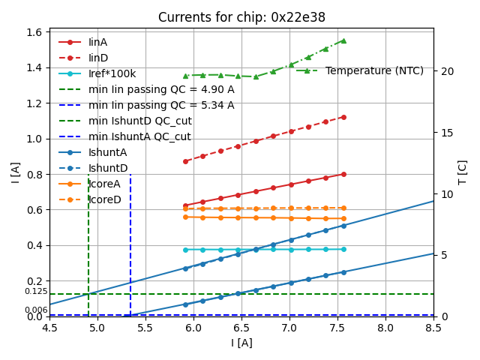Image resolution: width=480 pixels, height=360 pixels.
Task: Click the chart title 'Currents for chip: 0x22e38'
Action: [241, 17]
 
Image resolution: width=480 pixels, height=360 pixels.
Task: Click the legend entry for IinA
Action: [98, 42]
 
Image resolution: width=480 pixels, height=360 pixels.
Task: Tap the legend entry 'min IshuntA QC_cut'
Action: [139, 136]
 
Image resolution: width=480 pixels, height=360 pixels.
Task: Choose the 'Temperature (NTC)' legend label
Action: [374, 70]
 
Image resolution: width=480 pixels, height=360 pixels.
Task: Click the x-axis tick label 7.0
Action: [289, 328]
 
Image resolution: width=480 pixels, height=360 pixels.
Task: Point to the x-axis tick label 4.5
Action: [49, 328]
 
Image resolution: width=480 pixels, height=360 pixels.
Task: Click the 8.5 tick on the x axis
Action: [433, 328]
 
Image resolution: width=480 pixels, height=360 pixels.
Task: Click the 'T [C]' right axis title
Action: [462, 172]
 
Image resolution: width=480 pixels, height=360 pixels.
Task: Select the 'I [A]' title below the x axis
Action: [241, 343]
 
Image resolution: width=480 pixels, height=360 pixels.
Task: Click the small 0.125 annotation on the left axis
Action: [36, 291]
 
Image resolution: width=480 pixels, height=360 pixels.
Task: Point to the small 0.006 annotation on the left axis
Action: [36, 310]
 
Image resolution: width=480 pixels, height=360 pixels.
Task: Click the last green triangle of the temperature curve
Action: [343, 40]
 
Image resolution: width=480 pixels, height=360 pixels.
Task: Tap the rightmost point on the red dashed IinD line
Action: [343, 117]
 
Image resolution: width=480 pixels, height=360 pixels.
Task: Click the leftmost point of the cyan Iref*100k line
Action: [185, 250]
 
